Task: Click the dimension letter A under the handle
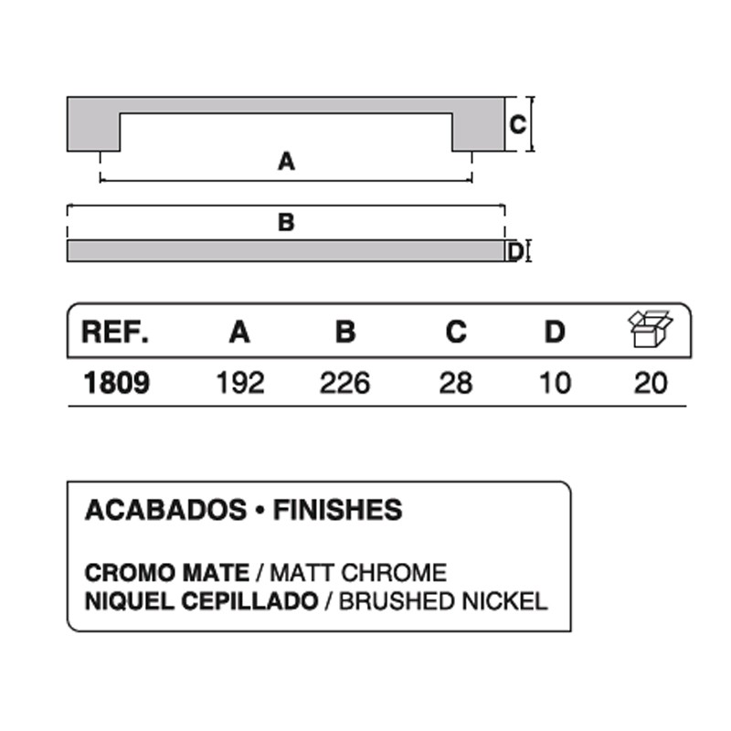coord(286,162)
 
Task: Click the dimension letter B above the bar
coord(286,222)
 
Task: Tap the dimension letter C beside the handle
coord(517,124)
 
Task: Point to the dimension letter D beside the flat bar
coord(515,252)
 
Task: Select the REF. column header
coord(115,332)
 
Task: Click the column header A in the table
coord(239,332)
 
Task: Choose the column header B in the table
coord(345,332)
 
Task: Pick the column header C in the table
coord(456,332)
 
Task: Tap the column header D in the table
coord(555,332)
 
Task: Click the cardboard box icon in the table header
coord(651,329)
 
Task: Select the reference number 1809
coord(117,383)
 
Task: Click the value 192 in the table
coord(240,383)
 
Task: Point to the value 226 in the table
coord(345,383)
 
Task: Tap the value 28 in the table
coord(456,383)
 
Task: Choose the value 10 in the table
coord(555,383)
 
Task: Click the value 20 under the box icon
coord(651,383)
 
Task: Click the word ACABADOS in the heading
coord(165,510)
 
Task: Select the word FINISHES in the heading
coord(337,510)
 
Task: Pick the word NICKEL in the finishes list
coord(505,601)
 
